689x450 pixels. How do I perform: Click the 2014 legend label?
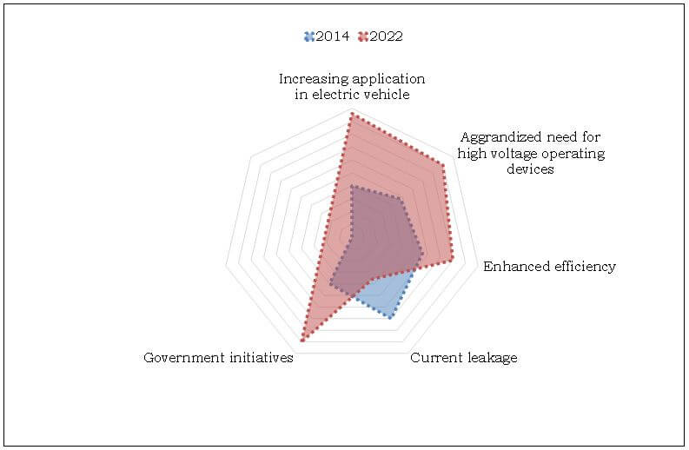[333, 36]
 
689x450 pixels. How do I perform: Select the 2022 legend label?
[386, 36]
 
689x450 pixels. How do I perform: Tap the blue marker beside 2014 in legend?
[309, 36]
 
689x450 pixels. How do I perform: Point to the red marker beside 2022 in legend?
[362, 36]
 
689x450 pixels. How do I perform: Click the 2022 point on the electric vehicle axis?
[351, 114]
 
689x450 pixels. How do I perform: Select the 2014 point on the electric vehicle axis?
[351, 186]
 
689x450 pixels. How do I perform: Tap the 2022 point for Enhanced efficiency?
[453, 258]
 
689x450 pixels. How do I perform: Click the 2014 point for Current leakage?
[391, 317]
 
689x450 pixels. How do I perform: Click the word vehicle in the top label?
[386, 94]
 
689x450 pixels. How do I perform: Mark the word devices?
[530, 169]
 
